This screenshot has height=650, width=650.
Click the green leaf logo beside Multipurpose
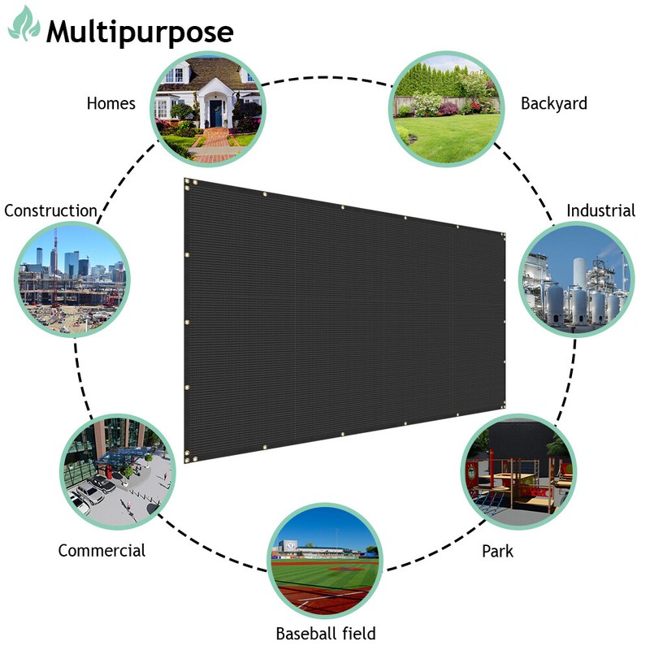(24, 24)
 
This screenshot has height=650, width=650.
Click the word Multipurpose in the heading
(140, 32)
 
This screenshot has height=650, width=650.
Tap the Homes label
(111, 103)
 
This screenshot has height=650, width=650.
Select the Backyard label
(554, 104)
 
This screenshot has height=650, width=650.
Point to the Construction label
(50, 210)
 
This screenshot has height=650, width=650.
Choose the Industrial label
(600, 210)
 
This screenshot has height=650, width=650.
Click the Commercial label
(102, 551)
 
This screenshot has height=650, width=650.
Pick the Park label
(497, 552)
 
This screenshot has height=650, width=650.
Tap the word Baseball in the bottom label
(305, 634)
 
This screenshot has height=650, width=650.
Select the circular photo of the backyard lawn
(446, 109)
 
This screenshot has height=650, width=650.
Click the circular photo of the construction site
(72, 279)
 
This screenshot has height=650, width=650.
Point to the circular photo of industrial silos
(577, 279)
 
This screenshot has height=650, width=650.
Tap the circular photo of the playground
(518, 472)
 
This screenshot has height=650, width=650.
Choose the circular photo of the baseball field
(325, 561)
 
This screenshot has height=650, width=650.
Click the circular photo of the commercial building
(118, 472)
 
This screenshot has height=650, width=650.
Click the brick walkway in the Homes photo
(214, 145)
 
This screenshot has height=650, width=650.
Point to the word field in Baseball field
(359, 634)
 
